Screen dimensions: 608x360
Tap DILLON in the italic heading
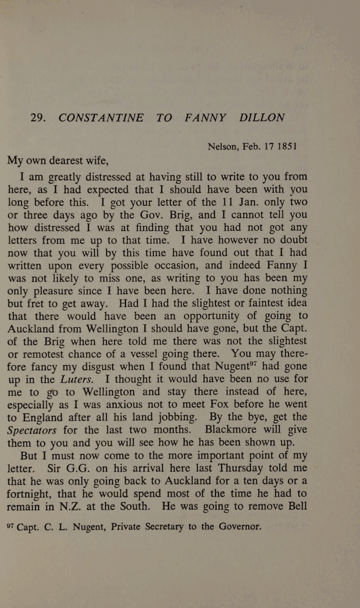click(261, 117)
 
